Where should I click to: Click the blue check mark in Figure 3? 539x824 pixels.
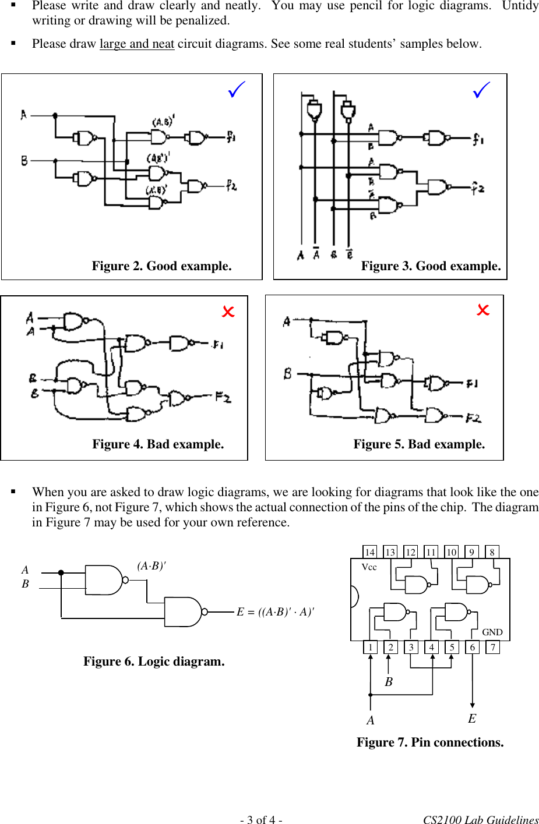481,90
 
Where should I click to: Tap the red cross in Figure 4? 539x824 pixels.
228,312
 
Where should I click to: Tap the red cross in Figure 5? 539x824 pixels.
483,310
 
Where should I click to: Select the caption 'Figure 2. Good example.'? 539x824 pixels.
161,266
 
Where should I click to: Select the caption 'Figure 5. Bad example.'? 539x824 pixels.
419,444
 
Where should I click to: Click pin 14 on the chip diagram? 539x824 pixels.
369,552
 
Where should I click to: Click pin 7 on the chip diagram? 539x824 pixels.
493,647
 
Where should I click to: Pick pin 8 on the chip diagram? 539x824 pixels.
492,552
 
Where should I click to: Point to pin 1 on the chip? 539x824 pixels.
370,647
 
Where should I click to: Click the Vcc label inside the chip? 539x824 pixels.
369,567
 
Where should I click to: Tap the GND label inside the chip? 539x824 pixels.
492,632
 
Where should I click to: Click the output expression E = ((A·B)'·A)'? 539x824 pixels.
275,612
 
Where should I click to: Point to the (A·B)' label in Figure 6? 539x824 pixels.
152,566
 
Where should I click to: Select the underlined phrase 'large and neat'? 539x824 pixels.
137,44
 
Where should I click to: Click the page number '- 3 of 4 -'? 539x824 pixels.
261,819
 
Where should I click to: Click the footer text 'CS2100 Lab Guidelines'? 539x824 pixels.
481,819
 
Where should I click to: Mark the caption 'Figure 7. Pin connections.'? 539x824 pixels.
430,742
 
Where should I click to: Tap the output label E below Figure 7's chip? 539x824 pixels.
472,719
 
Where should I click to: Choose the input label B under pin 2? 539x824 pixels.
389,682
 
